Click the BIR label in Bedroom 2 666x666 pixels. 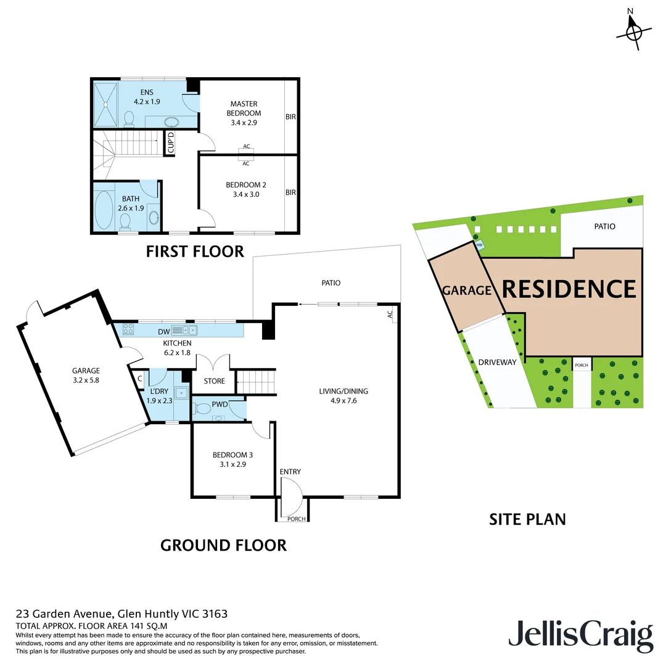290,192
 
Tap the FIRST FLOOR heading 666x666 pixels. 195,251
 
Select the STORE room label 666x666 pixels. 214,381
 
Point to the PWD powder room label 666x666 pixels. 220,405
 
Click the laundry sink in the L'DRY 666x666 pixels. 181,392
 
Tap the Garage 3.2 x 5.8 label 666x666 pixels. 86,376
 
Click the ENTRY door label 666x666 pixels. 290,472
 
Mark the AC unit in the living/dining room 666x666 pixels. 390,314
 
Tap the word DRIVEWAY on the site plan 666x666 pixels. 497,362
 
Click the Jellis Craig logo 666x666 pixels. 580,636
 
